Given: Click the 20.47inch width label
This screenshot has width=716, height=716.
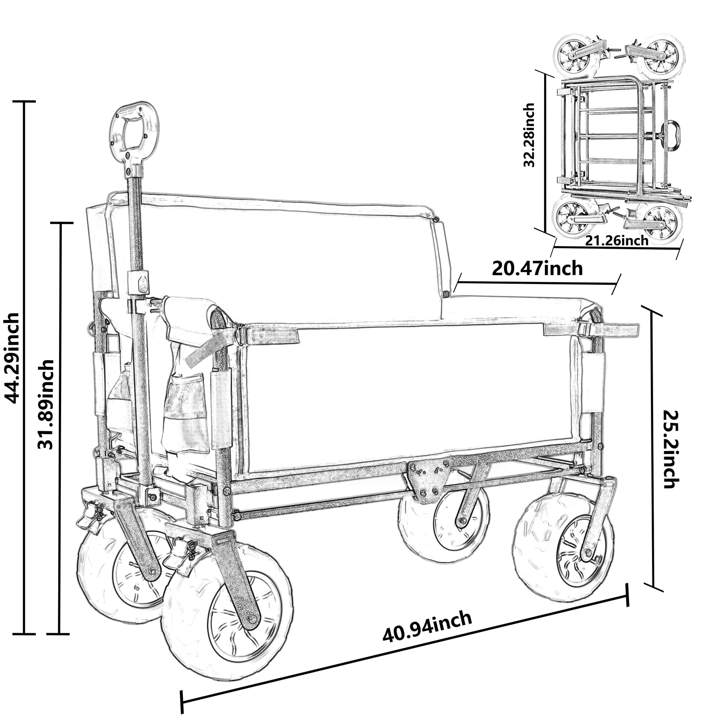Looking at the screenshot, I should pyautogui.click(x=537, y=268).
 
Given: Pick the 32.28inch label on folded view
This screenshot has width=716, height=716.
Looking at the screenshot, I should pyautogui.click(x=529, y=135).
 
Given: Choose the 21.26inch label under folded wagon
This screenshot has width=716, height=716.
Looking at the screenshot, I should pyautogui.click(x=617, y=241).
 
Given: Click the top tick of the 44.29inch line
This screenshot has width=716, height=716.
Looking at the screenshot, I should pyautogui.click(x=24, y=101).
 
